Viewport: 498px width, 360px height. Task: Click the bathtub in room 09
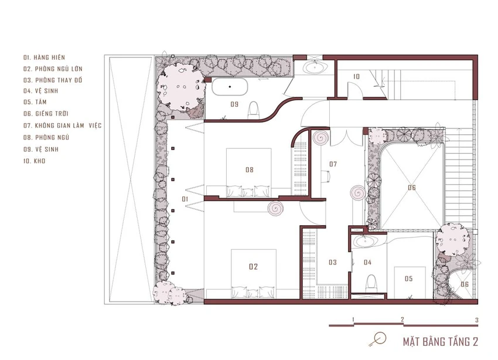coord(230,86)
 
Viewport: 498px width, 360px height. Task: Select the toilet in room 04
coord(370,283)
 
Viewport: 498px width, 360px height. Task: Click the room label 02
coord(253,267)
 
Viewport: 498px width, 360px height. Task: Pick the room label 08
coord(250,170)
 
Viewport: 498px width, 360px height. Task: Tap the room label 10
coord(356,77)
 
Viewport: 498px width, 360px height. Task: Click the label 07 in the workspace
coord(333,164)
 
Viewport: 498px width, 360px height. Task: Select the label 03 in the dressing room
coord(333,262)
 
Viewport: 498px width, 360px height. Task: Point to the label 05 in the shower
coord(409,279)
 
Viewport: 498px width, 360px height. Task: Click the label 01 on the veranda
coord(185,199)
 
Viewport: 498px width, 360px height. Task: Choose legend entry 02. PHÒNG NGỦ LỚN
coord(53,69)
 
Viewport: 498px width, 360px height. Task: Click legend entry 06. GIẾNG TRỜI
coord(46,113)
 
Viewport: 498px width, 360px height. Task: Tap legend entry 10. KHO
coord(35,161)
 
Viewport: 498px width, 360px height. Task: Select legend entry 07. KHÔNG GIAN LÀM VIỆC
coord(62,125)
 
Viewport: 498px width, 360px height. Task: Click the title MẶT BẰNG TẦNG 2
coord(440,342)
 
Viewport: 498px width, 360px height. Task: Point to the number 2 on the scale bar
coord(403,320)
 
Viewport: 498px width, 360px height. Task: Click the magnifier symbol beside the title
coord(378,339)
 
